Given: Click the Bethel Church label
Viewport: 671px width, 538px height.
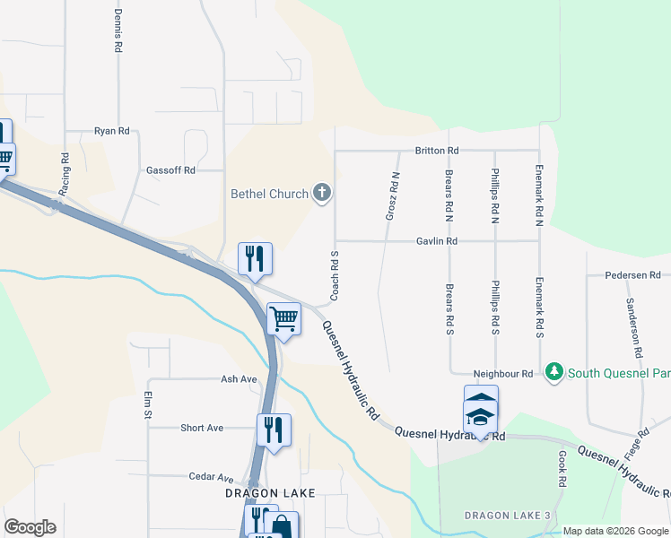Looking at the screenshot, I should tap(269, 194).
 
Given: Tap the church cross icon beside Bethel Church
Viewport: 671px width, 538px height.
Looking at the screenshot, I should tap(321, 193).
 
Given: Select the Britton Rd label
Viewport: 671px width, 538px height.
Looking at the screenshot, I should tap(436, 151).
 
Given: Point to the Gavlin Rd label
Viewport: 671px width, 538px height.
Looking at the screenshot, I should tap(436, 241).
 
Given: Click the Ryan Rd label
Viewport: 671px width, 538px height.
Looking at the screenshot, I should tap(111, 131).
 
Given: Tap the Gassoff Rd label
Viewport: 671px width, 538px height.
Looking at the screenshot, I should tap(170, 169).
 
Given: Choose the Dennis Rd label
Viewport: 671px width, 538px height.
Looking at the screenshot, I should tap(118, 29).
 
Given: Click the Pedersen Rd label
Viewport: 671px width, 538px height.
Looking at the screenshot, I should tap(632, 275).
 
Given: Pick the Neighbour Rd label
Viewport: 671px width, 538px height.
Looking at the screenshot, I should tap(503, 373).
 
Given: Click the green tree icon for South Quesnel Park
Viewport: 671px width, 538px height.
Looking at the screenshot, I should tap(554, 371).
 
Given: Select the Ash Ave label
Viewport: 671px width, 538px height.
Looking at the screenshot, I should tap(240, 379).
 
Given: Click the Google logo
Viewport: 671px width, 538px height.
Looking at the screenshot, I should tap(30, 527).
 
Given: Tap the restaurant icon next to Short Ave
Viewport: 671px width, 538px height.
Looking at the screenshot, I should tap(274, 429).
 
